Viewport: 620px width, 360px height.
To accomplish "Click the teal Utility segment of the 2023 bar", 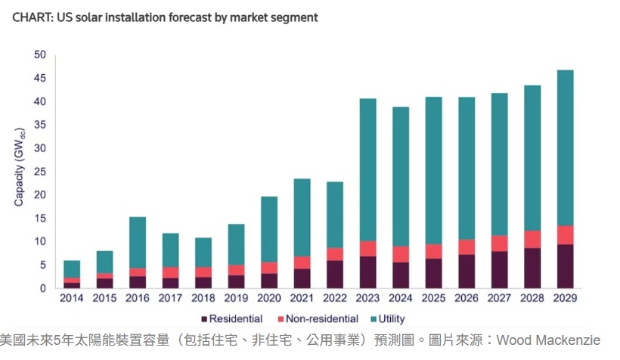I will [x=367, y=170].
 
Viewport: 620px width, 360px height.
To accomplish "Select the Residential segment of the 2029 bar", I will [x=565, y=266].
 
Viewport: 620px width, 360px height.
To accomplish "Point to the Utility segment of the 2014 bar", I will [x=72, y=268].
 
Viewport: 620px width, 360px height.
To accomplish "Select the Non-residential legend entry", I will [x=318, y=319].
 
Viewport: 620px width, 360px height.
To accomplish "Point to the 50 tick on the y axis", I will [x=40, y=54].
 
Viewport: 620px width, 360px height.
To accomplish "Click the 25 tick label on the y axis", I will [x=40, y=172].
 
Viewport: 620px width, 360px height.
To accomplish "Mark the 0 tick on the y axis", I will [x=43, y=288].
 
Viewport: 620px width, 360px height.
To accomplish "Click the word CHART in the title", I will [x=31, y=17].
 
